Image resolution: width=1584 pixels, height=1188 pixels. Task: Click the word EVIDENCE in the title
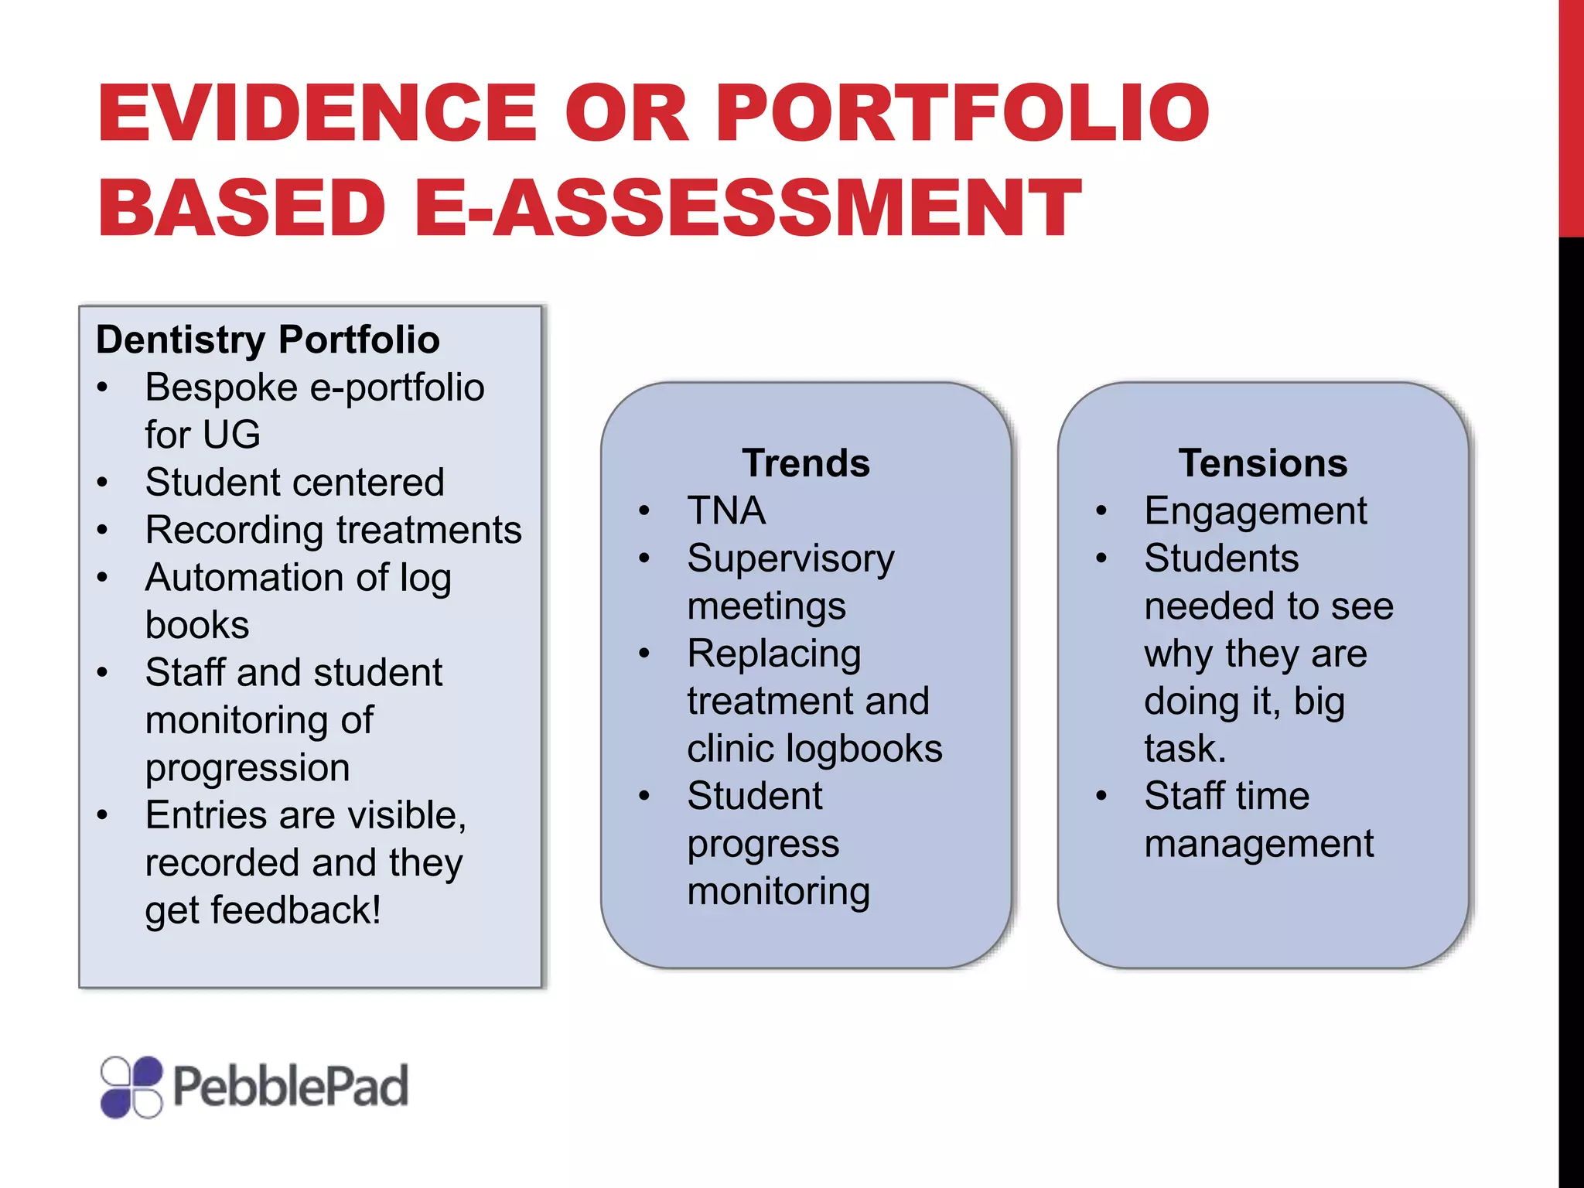[x=317, y=114]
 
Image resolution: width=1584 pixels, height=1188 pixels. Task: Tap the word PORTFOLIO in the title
[x=962, y=114]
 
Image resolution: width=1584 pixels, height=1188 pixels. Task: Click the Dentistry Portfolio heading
[x=268, y=340]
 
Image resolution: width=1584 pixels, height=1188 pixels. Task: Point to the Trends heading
[x=806, y=463]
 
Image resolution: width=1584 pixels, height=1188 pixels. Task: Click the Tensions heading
[x=1263, y=463]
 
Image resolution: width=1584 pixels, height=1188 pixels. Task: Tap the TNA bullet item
[x=726, y=511]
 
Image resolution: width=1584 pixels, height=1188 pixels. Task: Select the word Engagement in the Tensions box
[x=1255, y=511]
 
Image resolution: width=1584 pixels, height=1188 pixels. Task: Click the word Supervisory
[x=790, y=559]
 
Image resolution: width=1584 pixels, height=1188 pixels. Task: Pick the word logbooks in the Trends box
[x=865, y=749]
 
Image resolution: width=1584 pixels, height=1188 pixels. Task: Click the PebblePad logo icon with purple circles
[x=131, y=1087]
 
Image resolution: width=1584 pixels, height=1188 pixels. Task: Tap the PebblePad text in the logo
[x=290, y=1087]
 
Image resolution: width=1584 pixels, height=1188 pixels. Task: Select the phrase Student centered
[x=295, y=483]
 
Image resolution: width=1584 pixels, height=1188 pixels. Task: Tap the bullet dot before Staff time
[x=1101, y=796]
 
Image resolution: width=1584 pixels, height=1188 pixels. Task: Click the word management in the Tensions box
[x=1258, y=844]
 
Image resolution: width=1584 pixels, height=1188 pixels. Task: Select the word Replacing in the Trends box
[x=774, y=654]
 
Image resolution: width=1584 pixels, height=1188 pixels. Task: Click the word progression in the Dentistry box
[x=247, y=768]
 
